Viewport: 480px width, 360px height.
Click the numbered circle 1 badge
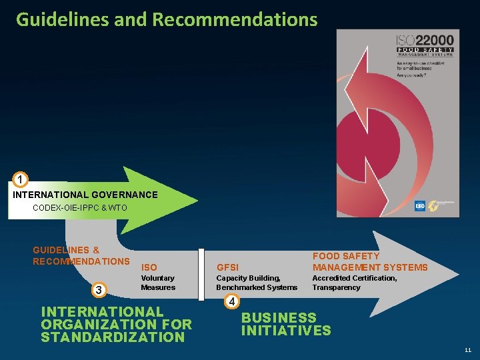click(x=21, y=180)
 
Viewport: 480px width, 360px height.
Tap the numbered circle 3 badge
click(x=99, y=289)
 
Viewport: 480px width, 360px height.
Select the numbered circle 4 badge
click(x=231, y=301)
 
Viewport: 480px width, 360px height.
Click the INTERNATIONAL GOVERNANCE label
click(x=85, y=195)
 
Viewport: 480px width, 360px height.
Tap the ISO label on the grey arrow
click(x=149, y=267)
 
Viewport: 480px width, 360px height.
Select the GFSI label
click(x=227, y=267)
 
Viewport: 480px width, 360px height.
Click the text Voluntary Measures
click(x=158, y=283)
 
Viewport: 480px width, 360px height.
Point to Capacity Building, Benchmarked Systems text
click(x=257, y=283)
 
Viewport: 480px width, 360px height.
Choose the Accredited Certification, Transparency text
click(x=355, y=283)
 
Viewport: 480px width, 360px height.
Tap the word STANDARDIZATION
click(x=112, y=337)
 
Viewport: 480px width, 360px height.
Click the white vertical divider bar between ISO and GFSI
click(x=201, y=273)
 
